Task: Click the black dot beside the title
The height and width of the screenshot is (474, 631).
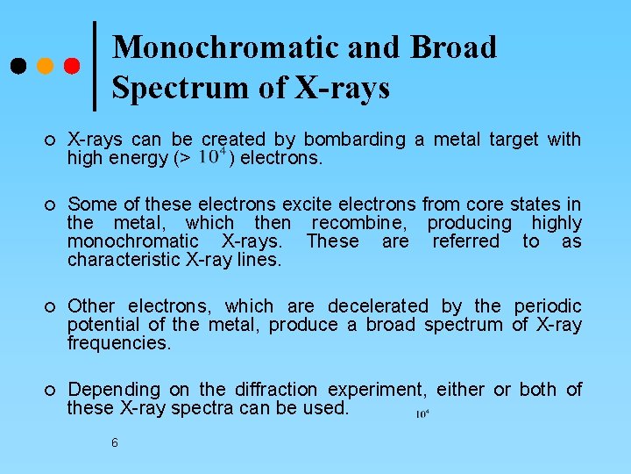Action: click(x=18, y=67)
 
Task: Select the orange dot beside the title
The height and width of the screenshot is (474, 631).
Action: click(x=45, y=67)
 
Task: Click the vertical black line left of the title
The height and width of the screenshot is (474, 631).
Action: click(x=94, y=66)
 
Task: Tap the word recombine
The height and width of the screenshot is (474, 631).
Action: click(x=365, y=223)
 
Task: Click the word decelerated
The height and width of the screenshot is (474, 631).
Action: click(x=378, y=306)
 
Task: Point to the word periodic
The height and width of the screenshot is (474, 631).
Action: click(x=547, y=306)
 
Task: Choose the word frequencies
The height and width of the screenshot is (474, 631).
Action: click(x=118, y=343)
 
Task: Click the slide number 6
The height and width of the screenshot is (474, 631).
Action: click(x=115, y=442)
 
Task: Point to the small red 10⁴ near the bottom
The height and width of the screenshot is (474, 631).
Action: click(x=422, y=413)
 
